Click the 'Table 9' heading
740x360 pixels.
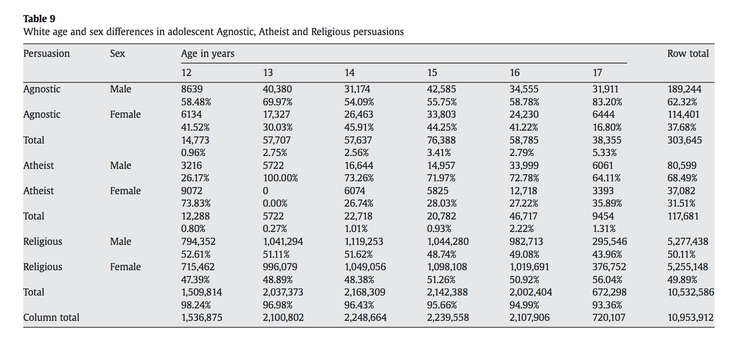click(39, 19)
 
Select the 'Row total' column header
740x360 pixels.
click(688, 53)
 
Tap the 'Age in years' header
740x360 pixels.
click(208, 53)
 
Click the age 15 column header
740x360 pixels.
click(432, 72)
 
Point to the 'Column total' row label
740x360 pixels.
click(51, 317)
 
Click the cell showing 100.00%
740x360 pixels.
click(280, 178)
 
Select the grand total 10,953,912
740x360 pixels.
click(691, 318)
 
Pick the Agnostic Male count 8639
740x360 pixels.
click(192, 89)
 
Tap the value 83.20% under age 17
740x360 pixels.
click(607, 102)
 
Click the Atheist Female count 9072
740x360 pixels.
click(192, 191)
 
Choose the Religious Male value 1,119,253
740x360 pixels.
click(364, 241)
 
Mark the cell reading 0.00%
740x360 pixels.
click(275, 203)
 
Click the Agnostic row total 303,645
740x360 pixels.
click(684, 140)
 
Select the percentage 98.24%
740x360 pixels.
click(196, 305)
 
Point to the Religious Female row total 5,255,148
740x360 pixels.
click(688, 267)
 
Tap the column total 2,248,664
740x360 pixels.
click(366, 318)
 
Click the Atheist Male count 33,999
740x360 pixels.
click(524, 165)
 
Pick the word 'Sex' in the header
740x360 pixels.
click(117, 53)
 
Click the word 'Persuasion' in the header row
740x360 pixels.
click(46, 53)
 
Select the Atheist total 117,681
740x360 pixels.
click(683, 216)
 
